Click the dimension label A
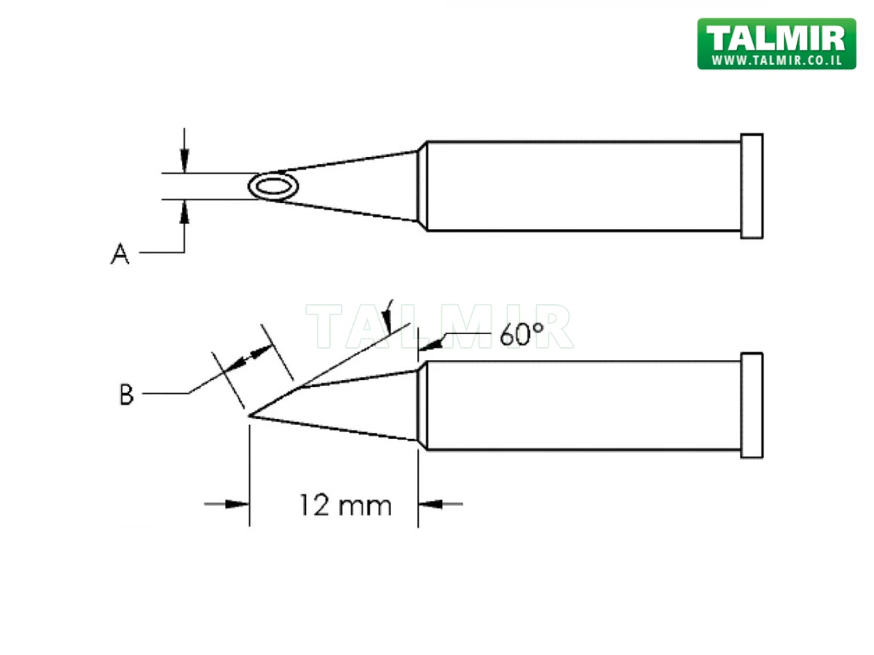coord(120,254)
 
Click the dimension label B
coord(126,395)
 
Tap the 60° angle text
coord(522,335)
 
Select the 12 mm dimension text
coord(345,504)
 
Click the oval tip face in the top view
coord(272,188)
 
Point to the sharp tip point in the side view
coord(250,416)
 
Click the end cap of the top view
coord(752,186)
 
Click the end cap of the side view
coord(752,405)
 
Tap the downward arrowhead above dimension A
coord(185,162)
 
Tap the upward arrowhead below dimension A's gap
coord(185,213)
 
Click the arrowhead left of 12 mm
coord(237,504)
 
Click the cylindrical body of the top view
coord(583,186)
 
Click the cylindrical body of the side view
coord(583,405)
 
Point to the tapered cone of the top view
coord(357,186)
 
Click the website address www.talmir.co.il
coord(776,60)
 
